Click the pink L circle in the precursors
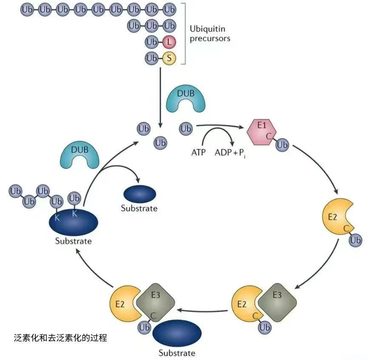tap(169, 42)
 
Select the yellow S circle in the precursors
tap(169, 58)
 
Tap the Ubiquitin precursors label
tap(210, 34)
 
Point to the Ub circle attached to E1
tap(282, 145)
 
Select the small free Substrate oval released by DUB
tap(139, 194)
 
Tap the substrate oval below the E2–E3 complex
tap(177, 334)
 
